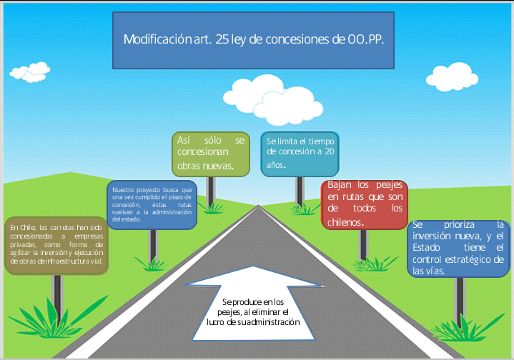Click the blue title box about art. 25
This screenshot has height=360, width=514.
point(254,40)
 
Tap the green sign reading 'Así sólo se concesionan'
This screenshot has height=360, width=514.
point(211,153)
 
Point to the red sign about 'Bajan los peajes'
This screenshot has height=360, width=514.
point(365,204)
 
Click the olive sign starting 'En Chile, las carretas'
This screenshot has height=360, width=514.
point(56,244)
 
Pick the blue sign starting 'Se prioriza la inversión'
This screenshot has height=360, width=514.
point(458,247)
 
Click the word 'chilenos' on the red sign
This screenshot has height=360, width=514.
point(345,221)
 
